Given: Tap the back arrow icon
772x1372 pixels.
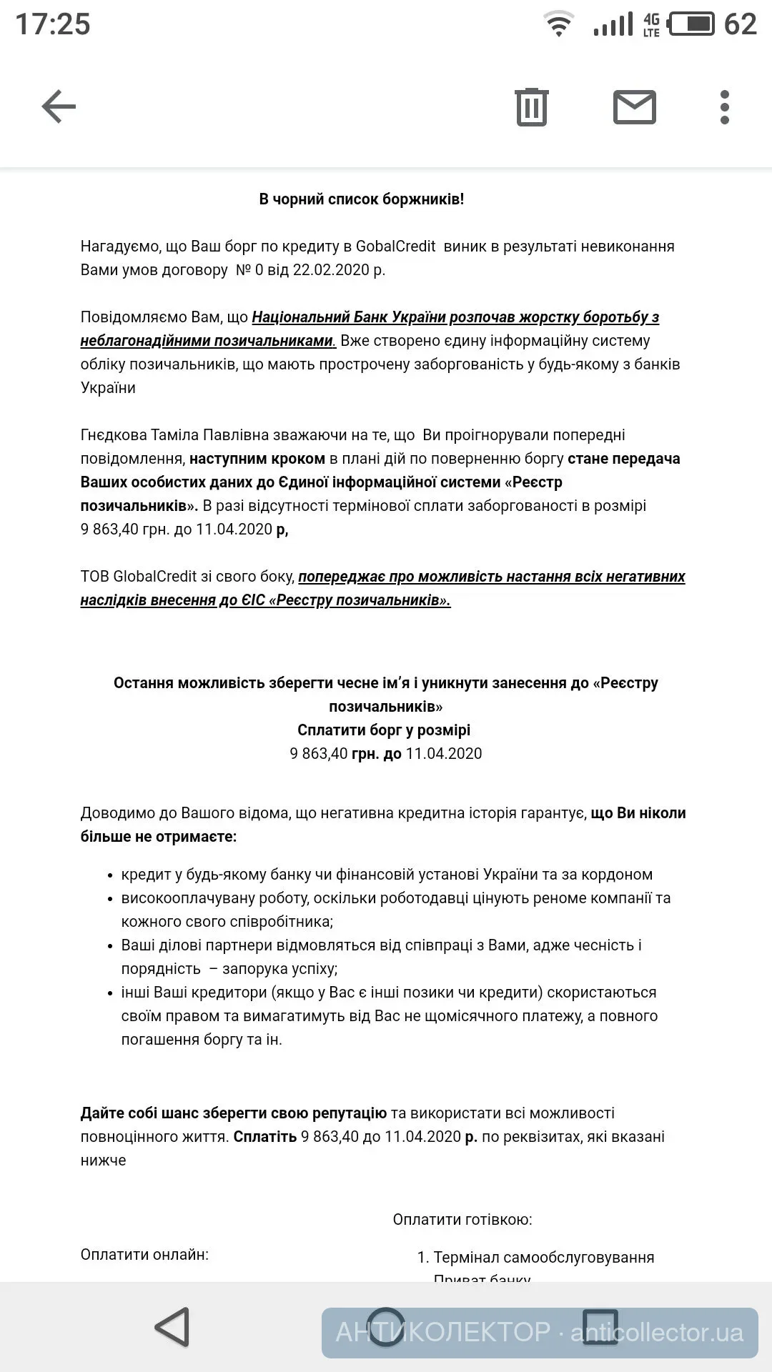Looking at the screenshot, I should click(59, 107).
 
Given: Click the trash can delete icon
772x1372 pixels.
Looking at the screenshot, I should click(531, 107).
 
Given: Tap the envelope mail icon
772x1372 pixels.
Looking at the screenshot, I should click(634, 107).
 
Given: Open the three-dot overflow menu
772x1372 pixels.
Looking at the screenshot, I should click(725, 107).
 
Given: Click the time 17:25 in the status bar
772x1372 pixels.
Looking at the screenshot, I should click(53, 24).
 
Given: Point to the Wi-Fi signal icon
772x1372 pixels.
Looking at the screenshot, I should click(559, 24).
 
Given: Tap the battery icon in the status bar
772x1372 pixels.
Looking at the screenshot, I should click(691, 24).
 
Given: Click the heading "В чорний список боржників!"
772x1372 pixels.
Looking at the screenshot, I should click(361, 199).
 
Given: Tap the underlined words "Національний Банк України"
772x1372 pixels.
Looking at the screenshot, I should click(349, 317).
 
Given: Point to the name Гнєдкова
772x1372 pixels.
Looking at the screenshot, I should click(113, 435).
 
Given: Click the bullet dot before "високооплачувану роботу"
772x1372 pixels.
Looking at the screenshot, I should click(109, 899).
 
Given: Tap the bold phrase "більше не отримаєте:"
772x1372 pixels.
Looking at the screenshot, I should click(158, 837).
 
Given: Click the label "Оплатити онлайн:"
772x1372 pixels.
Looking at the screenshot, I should click(144, 1255).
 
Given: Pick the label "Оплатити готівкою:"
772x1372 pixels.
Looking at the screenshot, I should click(462, 1220).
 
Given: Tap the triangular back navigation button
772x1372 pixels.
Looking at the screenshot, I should click(172, 1328).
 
